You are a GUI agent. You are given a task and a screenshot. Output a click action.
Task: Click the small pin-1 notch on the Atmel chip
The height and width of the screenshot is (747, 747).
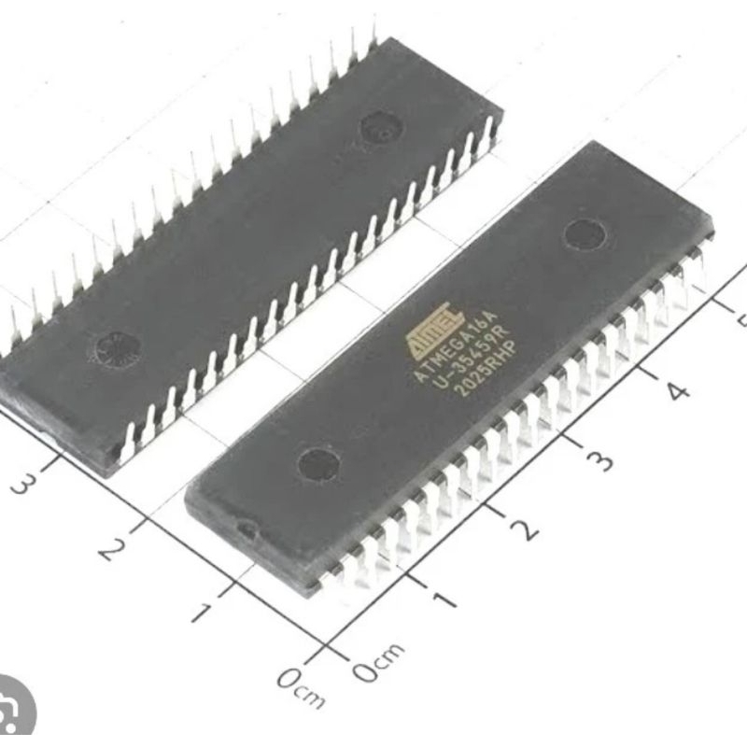click(246, 531)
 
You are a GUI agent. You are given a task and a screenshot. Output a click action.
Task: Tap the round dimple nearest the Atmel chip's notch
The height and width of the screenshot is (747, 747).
click(317, 464)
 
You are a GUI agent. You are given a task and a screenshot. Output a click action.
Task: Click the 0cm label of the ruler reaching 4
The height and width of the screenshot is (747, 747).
click(377, 659)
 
